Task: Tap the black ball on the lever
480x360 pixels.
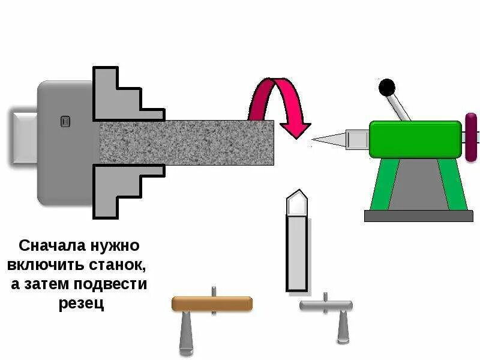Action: (x=388, y=88)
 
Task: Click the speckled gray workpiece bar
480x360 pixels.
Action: (x=186, y=143)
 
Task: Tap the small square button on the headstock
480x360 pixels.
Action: (x=65, y=122)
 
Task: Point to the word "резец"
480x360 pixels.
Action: (x=82, y=304)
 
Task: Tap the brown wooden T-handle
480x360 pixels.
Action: (x=212, y=304)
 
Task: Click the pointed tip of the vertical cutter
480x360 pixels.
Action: (x=298, y=195)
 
